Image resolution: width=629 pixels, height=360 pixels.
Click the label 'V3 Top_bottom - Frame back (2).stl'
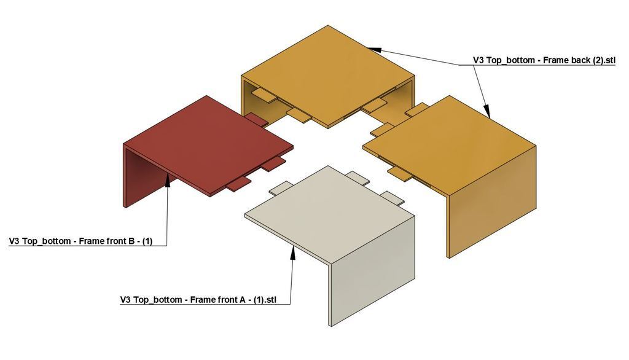point(544,60)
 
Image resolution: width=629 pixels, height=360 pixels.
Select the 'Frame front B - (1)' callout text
point(115,241)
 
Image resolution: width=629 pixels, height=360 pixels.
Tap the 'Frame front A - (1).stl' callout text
point(233,300)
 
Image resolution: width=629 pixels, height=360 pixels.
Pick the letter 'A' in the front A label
point(242,300)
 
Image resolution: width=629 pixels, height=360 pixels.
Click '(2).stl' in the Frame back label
point(604,60)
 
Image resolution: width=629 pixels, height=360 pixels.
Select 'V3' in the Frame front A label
point(125,300)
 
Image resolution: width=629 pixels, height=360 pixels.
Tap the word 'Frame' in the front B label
point(90,241)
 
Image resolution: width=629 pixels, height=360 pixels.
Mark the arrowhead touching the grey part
point(293,252)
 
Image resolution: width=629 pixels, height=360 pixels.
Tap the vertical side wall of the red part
point(144,176)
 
